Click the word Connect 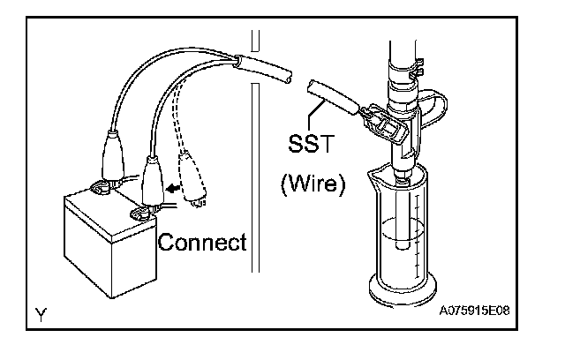pos(202,241)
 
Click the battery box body pos(97,247)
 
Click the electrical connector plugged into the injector pos(385,124)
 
